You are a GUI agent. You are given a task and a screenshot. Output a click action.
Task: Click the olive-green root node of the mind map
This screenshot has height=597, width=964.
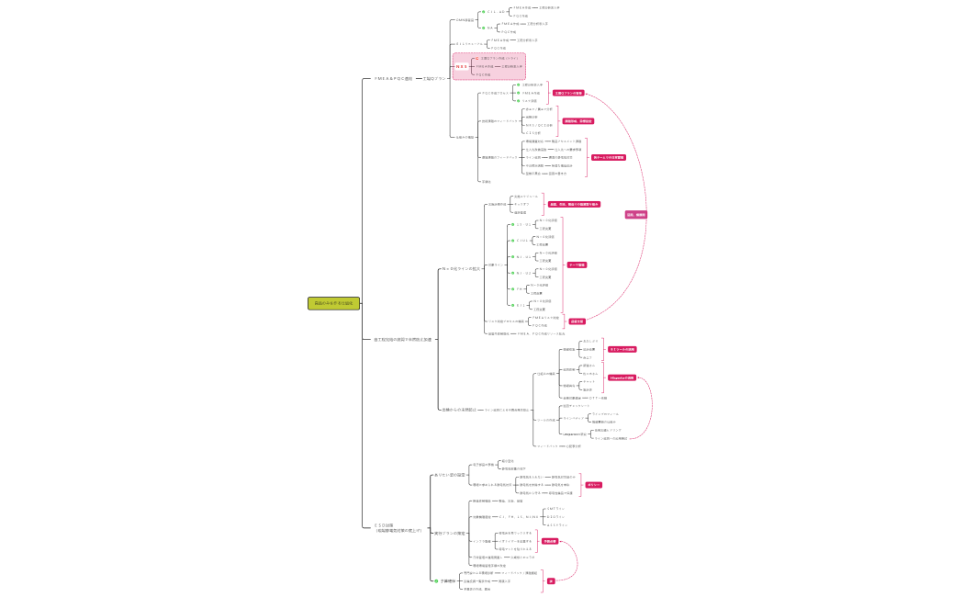point(333,303)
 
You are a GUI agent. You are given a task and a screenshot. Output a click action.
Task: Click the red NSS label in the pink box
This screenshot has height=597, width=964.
point(462,66)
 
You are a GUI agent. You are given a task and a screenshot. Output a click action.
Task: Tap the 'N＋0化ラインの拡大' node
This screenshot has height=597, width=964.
point(461,269)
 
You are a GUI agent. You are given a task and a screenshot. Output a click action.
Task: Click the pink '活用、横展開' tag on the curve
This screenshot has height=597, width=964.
point(636,214)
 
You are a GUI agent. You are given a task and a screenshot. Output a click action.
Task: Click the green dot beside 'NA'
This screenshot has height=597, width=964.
point(483,28)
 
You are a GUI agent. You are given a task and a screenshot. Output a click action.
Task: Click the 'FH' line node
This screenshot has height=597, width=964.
point(520,289)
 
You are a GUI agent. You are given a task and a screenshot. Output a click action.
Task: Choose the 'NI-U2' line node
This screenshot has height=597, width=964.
point(524,273)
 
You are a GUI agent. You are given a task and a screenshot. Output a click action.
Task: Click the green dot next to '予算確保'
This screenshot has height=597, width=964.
point(436,581)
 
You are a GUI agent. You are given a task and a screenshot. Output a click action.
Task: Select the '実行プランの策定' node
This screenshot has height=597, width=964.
point(450,534)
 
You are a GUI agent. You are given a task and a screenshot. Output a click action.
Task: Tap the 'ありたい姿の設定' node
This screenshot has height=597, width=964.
point(450,475)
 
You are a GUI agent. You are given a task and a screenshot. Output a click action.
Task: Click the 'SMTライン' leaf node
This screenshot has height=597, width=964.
point(555,509)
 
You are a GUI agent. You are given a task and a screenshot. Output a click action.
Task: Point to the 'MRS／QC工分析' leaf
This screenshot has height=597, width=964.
point(538,125)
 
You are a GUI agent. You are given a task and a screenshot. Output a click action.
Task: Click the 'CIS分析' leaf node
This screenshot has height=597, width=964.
point(532,133)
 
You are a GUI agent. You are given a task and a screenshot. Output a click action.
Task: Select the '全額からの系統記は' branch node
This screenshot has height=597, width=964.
point(458,410)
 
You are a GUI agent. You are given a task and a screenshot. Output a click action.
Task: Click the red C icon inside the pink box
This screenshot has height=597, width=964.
point(476,59)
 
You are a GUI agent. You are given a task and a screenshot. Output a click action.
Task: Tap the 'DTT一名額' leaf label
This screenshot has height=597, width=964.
point(598,398)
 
